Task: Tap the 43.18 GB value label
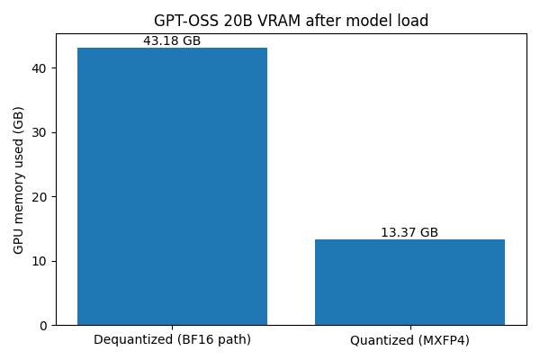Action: tap(172, 40)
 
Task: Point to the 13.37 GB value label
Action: tap(409, 232)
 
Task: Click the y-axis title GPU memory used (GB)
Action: tap(18, 180)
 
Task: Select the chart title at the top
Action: tap(291, 21)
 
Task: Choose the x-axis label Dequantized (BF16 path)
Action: tap(172, 340)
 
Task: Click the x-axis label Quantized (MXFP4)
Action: tap(409, 340)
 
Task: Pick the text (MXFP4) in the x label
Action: tap(440, 340)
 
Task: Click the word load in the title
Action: tap(413, 21)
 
